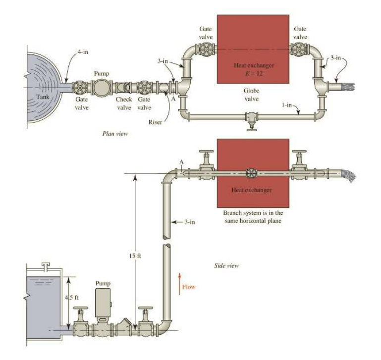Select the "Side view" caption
[x=226, y=266]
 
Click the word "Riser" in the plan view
[x=155, y=121]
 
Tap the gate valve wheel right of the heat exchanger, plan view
[x=300, y=50]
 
